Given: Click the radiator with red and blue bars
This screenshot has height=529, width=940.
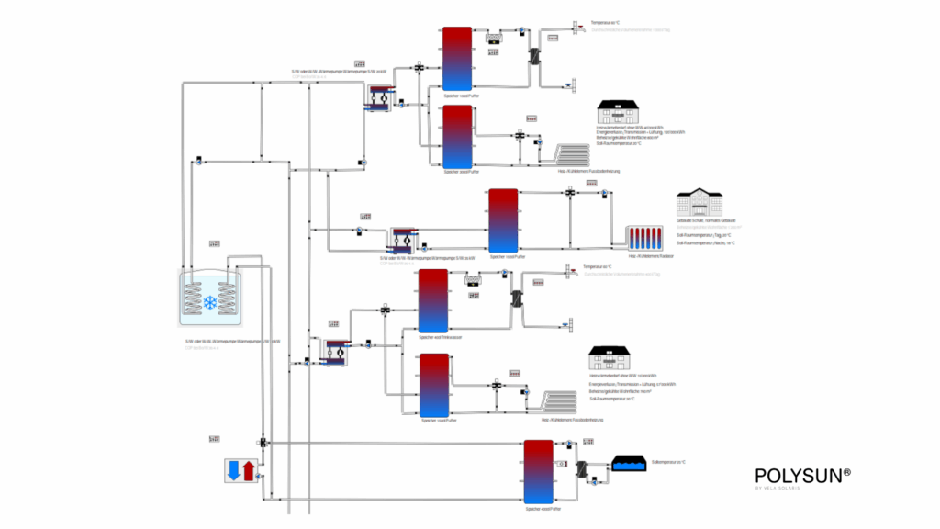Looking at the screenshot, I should [644, 238].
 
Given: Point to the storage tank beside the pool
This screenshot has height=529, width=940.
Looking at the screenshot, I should [538, 471].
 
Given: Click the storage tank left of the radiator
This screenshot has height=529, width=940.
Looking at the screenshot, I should [503, 219].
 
